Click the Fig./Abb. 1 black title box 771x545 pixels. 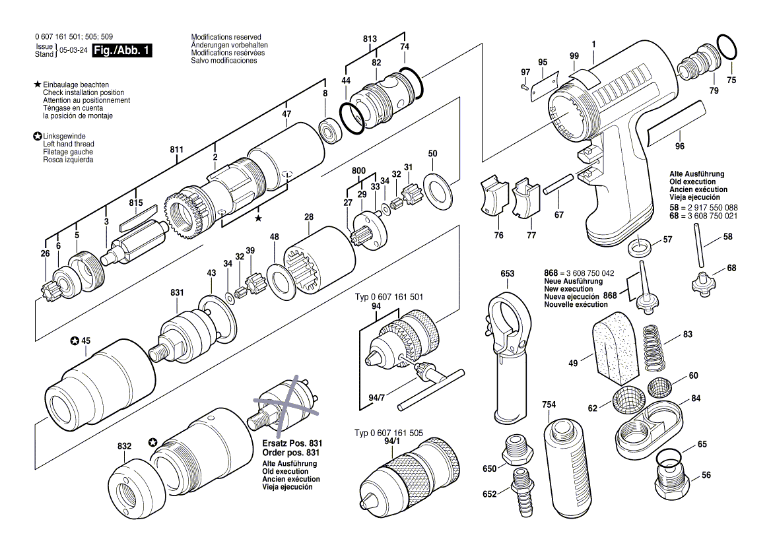tap(122, 51)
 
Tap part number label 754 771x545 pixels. tap(549, 404)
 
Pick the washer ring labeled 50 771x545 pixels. tap(436, 191)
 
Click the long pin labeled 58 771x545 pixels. tap(701, 245)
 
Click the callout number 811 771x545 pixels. tap(176, 150)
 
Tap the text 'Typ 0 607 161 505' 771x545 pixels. tap(389, 433)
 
